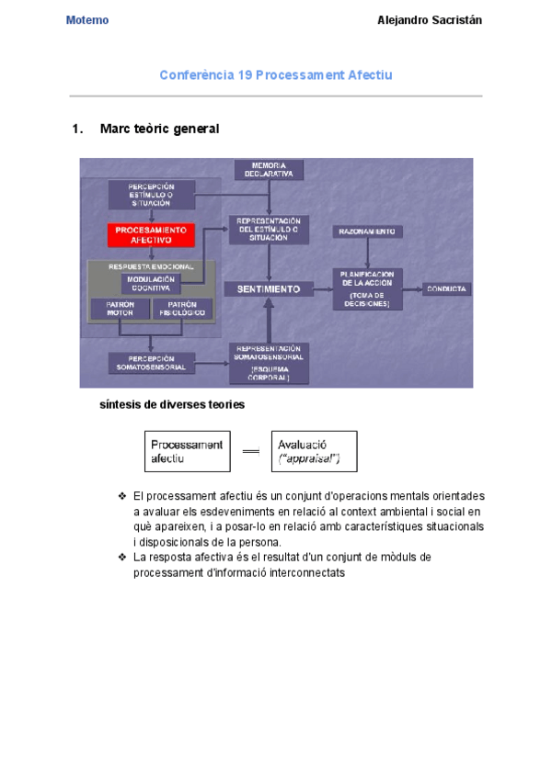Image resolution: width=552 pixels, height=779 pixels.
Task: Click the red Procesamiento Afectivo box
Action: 151,234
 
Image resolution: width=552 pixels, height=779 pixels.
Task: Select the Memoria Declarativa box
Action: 270,169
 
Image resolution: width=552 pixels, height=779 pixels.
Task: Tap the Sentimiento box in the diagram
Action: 269,288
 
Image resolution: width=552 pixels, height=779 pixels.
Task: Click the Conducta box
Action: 447,288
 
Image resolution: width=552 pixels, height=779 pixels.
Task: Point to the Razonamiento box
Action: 367,231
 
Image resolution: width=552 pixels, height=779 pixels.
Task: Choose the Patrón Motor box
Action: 120,309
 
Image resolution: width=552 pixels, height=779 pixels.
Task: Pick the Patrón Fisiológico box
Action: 182,309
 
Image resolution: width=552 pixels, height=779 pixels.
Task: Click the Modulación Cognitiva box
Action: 149,283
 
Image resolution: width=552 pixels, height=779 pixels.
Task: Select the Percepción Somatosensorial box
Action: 151,363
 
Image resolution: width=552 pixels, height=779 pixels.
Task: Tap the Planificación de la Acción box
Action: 368,288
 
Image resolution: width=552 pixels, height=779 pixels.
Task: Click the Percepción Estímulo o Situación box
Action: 151,195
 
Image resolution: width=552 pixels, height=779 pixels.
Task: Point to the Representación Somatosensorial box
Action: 269,363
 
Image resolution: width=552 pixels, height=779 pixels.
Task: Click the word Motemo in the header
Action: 87,20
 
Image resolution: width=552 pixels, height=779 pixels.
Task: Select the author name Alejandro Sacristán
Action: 430,20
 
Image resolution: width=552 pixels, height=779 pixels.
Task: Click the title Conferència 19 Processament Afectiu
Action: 276,75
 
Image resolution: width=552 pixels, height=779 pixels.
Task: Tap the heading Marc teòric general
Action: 159,130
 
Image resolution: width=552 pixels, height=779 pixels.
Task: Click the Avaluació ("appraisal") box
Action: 314,451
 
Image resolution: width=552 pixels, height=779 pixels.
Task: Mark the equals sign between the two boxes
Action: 251,451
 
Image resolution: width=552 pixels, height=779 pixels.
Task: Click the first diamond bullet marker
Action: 121,496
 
